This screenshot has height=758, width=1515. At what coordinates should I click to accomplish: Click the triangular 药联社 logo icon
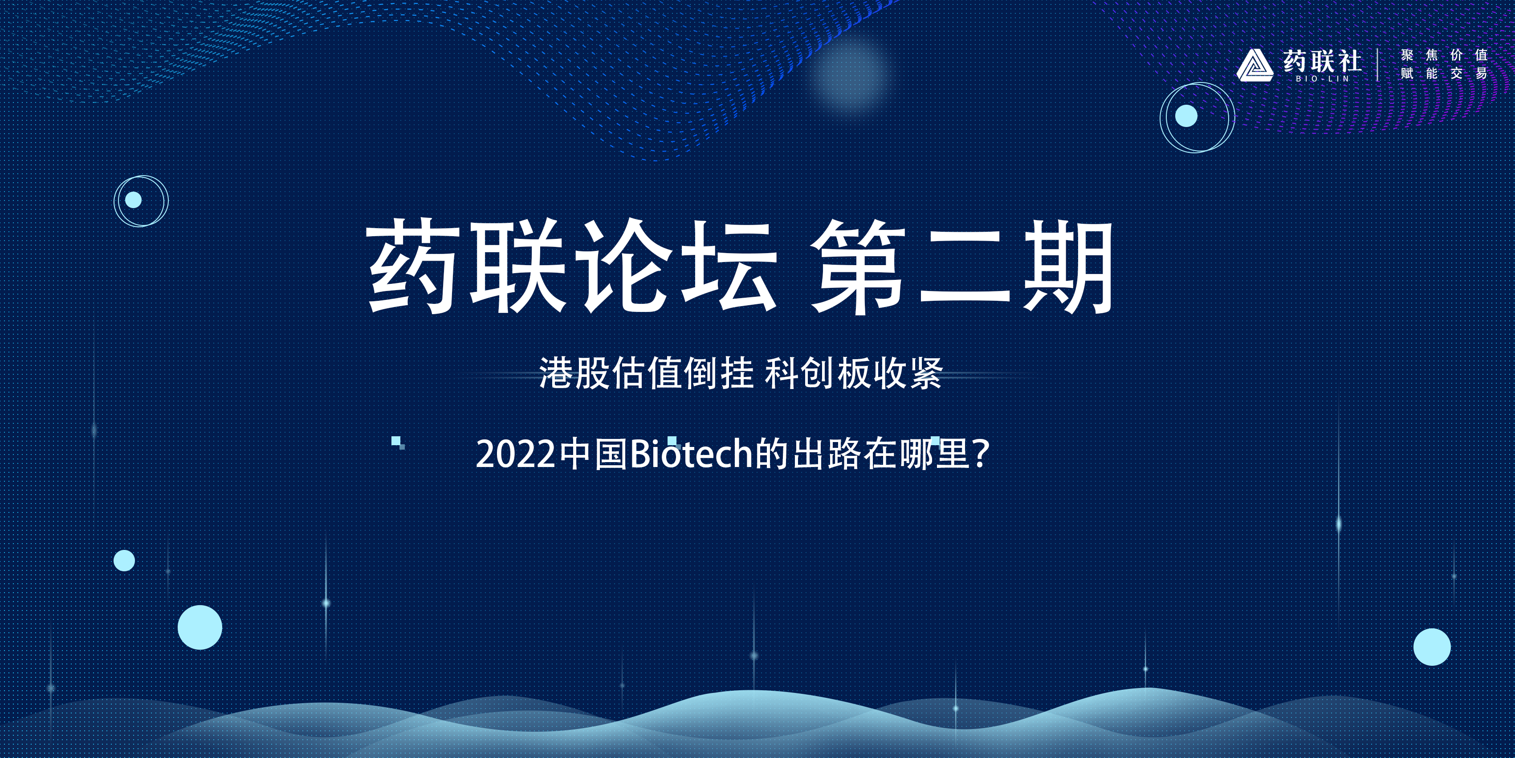pyautogui.click(x=1255, y=66)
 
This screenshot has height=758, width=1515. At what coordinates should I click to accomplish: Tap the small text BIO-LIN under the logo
pyautogui.click(x=1323, y=79)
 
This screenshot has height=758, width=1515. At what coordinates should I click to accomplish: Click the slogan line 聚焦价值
pyautogui.click(x=1444, y=55)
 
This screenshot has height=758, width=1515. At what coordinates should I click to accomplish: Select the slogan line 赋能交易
pyautogui.click(x=1444, y=74)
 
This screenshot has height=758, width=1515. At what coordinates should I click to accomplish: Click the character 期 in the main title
pyautogui.click(x=1068, y=266)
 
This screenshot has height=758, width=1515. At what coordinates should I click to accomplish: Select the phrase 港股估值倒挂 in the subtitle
pyautogui.click(x=646, y=373)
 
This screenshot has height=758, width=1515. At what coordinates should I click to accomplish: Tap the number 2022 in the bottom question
pyautogui.click(x=516, y=455)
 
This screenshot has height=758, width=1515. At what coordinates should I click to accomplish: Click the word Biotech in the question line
pyautogui.click(x=692, y=455)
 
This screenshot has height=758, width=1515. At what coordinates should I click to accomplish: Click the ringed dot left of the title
pyautogui.click(x=141, y=201)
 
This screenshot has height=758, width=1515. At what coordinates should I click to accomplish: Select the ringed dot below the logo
pyautogui.click(x=1197, y=117)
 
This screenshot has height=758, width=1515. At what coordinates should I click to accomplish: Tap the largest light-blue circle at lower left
pyautogui.click(x=200, y=627)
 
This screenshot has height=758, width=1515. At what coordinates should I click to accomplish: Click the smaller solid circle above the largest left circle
pyautogui.click(x=124, y=560)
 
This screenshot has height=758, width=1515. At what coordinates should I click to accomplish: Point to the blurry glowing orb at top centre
pyautogui.click(x=849, y=75)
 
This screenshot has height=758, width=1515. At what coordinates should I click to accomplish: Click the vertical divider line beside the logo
pyautogui.click(x=1377, y=65)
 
